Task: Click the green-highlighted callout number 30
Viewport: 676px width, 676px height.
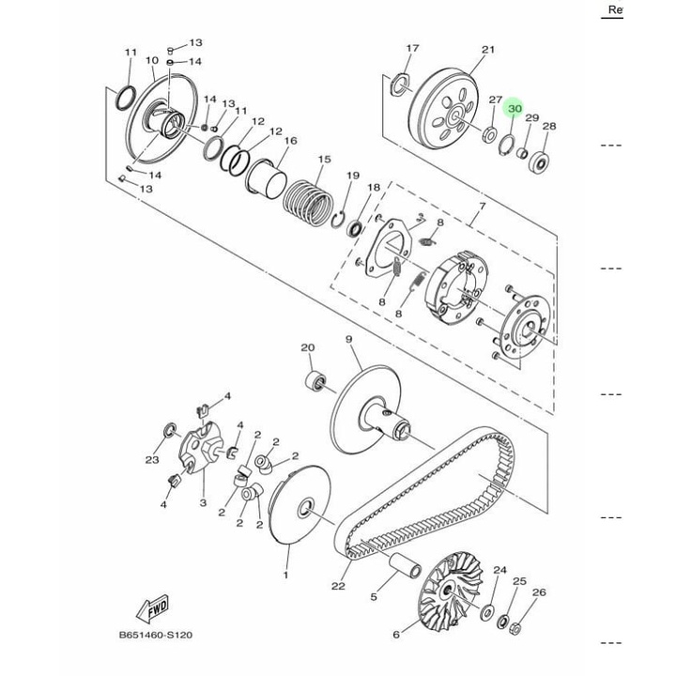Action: (x=515, y=108)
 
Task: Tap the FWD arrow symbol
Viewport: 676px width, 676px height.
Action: (x=153, y=609)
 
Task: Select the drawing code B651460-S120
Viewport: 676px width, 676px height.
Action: (x=156, y=635)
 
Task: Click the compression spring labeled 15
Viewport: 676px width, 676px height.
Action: (x=308, y=203)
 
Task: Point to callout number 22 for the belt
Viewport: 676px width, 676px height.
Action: (x=338, y=586)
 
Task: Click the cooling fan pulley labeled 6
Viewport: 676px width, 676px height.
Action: (x=451, y=588)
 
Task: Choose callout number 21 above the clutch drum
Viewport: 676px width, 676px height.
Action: (x=488, y=50)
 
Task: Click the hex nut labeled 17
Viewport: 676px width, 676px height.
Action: (x=401, y=84)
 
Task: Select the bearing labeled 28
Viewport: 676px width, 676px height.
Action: (x=539, y=162)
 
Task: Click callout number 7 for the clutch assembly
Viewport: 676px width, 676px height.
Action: (x=482, y=206)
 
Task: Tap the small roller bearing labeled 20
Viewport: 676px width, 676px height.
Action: (x=316, y=381)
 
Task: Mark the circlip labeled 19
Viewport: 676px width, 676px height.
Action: (x=338, y=219)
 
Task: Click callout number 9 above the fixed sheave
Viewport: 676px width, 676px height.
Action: (x=348, y=339)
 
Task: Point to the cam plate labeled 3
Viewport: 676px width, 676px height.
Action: (x=201, y=449)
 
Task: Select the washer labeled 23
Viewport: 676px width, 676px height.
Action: (x=169, y=430)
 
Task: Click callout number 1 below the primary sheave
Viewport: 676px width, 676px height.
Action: (x=285, y=575)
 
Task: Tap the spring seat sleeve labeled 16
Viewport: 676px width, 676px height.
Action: (x=266, y=179)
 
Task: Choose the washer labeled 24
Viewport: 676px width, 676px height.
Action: (x=487, y=612)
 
